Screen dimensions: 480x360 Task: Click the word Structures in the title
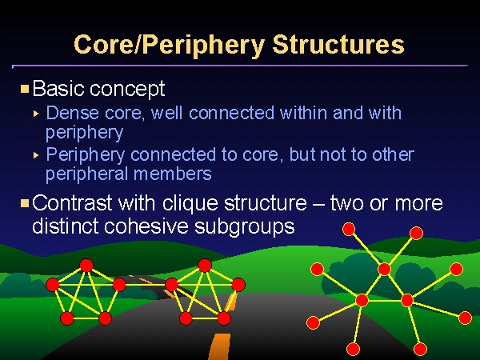338,44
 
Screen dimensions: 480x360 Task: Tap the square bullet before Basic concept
25,89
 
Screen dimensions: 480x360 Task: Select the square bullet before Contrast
25,203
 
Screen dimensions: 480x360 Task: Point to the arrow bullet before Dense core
36,114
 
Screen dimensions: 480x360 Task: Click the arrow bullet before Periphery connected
36,155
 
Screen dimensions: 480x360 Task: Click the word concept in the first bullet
127,90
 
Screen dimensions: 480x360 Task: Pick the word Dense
73,113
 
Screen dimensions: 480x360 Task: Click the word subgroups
245,227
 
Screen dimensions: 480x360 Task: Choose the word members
172,174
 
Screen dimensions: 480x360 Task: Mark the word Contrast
72,203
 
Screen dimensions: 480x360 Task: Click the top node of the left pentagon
86,266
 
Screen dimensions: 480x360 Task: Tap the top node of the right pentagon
205,266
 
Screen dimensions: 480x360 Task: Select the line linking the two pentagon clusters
146,285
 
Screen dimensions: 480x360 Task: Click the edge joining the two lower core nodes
385,301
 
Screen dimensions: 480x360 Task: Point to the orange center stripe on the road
219,346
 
